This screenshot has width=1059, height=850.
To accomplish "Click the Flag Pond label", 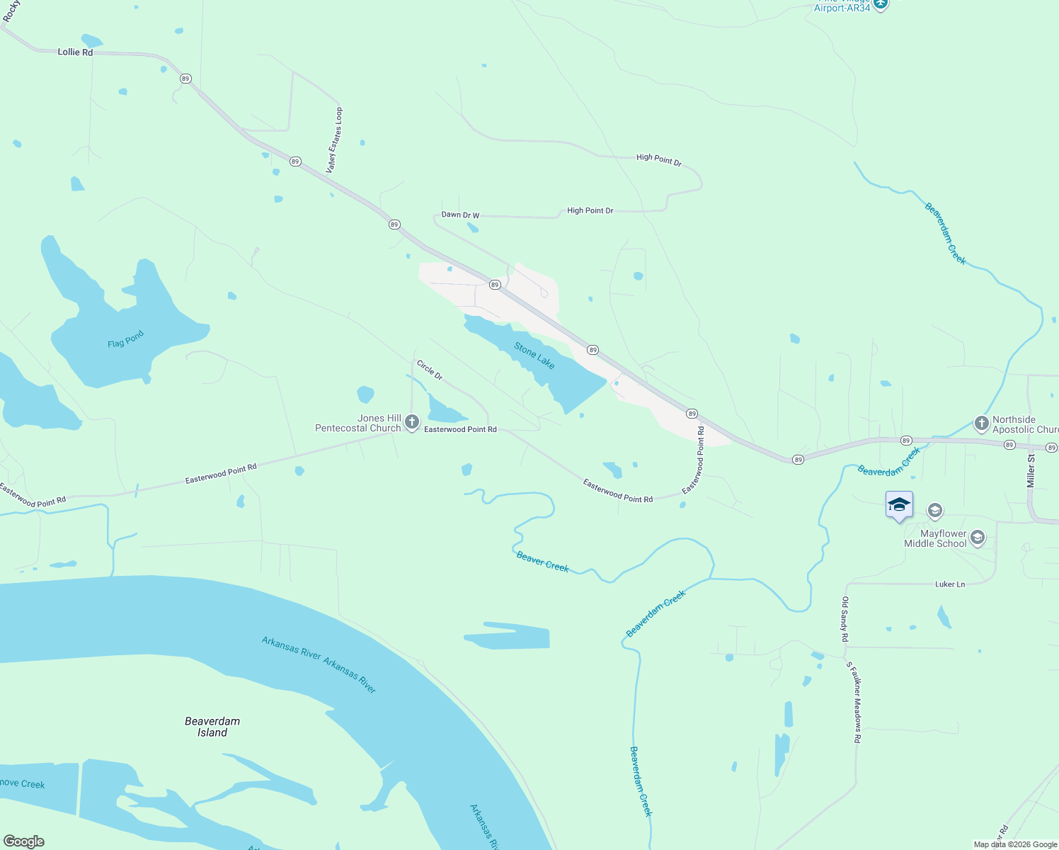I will point(125,339).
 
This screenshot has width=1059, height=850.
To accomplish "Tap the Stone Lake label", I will point(534,356).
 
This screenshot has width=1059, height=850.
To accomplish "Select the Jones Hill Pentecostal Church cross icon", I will point(412,423).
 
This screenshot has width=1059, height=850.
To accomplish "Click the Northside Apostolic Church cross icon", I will point(981,424).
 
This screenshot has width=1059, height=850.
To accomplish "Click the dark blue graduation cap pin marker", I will point(899,505).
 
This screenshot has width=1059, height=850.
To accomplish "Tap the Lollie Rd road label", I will point(75,52).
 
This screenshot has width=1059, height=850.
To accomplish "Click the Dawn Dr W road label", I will point(460,215).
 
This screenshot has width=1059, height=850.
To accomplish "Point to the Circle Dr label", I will point(430,370).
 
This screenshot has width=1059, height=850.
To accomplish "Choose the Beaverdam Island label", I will point(212,727).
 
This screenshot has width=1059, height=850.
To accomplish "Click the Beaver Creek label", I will point(542,561).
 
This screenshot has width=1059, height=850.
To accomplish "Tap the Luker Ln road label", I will point(950,584).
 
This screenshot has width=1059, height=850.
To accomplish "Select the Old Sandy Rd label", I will point(845,619).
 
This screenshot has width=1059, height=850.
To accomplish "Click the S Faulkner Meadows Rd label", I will point(854,702).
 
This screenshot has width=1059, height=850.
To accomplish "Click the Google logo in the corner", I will point(23,841).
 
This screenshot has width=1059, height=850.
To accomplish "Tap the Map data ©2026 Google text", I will point(1015,844).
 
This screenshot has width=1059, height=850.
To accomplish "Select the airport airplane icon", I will point(881,4).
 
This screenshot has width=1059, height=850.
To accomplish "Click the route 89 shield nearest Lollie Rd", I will point(185,79).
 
